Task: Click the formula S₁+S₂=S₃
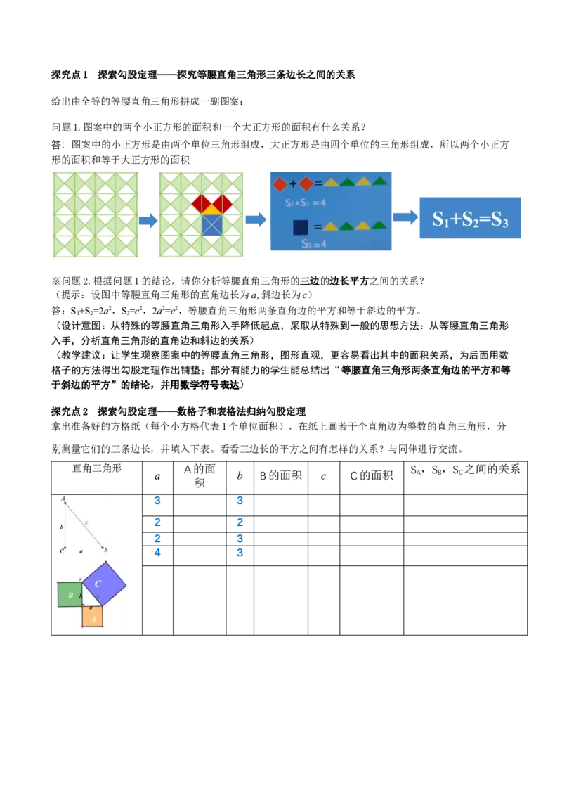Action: [469, 219]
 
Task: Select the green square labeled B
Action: [70, 595]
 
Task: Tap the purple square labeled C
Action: [103, 584]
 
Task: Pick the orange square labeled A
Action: [93, 616]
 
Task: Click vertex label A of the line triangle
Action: [63, 499]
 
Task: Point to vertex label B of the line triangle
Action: [106, 550]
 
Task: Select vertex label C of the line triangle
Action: [61, 550]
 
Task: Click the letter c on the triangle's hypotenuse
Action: [87, 522]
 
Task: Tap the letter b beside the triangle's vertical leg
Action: [62, 526]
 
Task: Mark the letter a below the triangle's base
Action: [81, 551]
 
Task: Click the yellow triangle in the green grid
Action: [212, 209]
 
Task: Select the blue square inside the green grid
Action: [212, 225]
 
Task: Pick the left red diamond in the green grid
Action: [202, 203]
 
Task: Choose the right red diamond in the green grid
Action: [223, 203]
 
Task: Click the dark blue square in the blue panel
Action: [301, 226]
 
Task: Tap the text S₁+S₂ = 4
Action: [305, 203]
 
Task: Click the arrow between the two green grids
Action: [147, 220]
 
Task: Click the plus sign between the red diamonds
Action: [293, 184]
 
